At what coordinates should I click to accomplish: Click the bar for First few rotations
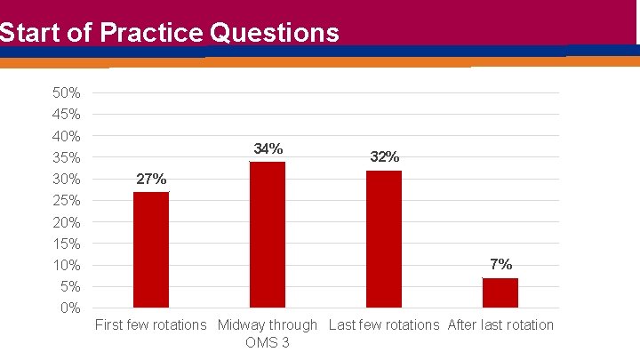151,250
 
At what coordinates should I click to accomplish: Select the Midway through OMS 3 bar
268,235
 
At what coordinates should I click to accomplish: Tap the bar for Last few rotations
384,239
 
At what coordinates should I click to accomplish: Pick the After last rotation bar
500,292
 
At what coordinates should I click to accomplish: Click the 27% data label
151,180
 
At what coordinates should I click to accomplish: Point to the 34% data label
268,148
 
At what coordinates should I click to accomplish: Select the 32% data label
384,157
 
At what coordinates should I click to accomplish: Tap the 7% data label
500,264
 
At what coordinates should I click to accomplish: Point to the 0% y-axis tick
71,308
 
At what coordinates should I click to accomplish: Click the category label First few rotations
150,325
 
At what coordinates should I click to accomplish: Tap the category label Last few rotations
384,325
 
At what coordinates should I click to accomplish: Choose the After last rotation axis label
500,325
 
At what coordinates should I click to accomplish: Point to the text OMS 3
268,343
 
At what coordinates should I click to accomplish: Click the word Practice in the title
151,33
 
